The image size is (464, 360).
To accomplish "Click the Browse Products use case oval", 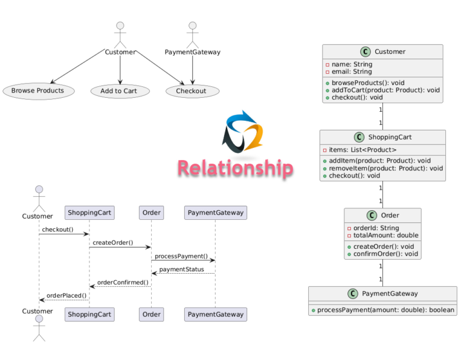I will pos(37,91).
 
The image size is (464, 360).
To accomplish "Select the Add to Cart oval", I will pos(120,91).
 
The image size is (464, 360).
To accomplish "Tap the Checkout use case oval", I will pos(192,91).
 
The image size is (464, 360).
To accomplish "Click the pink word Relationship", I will pos(235,168).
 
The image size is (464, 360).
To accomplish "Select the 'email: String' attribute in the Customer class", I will pos(352,72).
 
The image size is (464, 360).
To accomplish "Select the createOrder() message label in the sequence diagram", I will pos(112,243).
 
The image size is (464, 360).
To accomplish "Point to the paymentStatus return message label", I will pos(181,269).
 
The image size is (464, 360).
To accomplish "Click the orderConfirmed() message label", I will pos(123,282).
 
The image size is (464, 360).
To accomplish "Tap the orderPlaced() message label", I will pos(66,295).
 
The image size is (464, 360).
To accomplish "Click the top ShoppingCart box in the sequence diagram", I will pos(89,213).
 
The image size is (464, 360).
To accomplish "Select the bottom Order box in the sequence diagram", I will pos(151,314).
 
